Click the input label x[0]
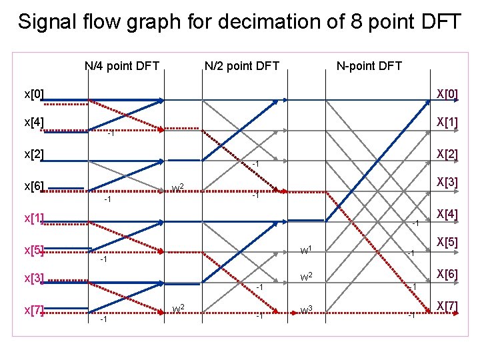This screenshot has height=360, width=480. [34, 94]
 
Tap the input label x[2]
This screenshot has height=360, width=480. [34, 155]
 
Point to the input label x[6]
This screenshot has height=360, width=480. [34, 186]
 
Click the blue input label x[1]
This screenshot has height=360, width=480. [34, 218]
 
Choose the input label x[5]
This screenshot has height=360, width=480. [34, 251]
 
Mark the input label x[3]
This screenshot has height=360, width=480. [34, 278]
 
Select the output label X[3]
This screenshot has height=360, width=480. [447, 182]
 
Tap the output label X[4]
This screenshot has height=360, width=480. [447, 213]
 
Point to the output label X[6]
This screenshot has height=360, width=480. [447, 274]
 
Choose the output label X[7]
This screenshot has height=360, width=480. [447, 306]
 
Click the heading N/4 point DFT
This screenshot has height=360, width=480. [122, 65]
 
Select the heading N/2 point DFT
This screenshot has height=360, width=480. [242, 65]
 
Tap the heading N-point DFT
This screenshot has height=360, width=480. [369, 65]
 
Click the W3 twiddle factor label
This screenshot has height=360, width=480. [307, 309]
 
